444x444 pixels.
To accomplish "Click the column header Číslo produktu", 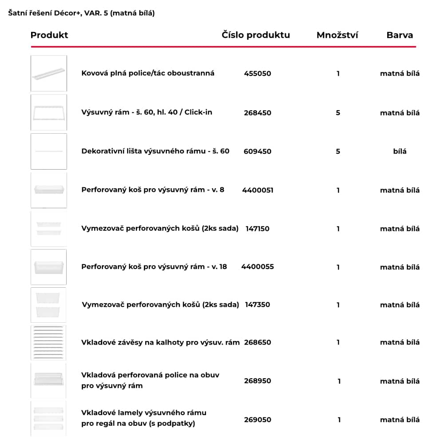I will tap(256, 35).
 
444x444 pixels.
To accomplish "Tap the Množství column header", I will tap(337, 35).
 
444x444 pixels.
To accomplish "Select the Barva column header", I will tap(400, 35).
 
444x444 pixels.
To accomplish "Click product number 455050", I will tap(258, 74).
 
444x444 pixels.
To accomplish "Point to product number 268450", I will tap(258, 113).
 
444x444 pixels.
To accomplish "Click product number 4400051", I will tap(258, 190).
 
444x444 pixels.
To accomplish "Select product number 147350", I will tap(258, 305).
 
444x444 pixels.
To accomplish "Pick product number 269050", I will tap(258, 420).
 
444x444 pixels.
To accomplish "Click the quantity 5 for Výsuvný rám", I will tap(338, 113).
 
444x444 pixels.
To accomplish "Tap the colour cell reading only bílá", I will tap(400, 151).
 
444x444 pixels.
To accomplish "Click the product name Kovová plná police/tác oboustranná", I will tap(148, 73).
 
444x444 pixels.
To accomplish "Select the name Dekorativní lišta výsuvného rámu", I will tap(155, 151).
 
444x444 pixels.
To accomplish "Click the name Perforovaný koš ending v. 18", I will tap(154, 267).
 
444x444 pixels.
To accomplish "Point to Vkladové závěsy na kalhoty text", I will tap(160, 342).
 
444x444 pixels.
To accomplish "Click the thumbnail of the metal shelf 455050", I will tap(49, 74).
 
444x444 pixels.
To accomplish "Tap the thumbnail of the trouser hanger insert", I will tap(49, 342).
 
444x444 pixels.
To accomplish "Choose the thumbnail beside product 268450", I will tap(49, 112).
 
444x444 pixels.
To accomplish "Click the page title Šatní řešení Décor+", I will tap(81, 13).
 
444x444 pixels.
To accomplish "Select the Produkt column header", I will tap(49, 35).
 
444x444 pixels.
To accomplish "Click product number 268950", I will tap(258, 381).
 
